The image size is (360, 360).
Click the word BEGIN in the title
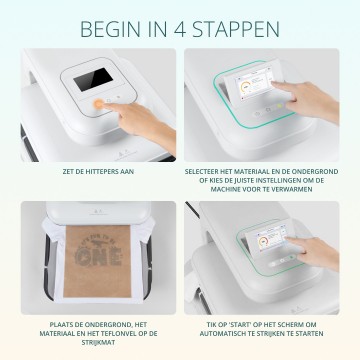coord(107,25)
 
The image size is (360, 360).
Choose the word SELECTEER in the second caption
coord(205,171)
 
